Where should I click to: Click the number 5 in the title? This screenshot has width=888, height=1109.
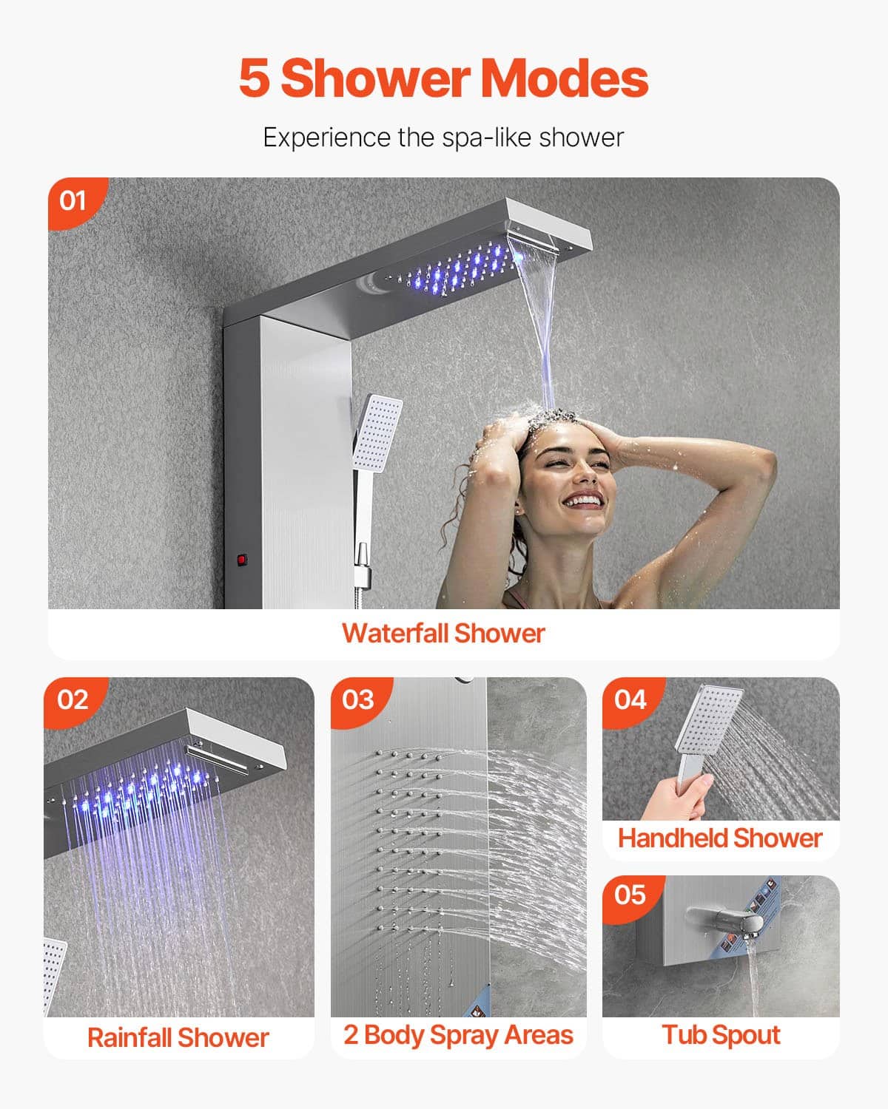pyautogui.click(x=254, y=78)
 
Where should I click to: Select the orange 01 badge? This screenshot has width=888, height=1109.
pyautogui.click(x=73, y=200)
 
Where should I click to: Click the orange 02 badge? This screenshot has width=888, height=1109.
pyautogui.click(x=72, y=699)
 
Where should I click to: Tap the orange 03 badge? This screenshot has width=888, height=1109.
pyautogui.click(x=358, y=699)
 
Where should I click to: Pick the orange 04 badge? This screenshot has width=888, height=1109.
pyautogui.click(x=630, y=699)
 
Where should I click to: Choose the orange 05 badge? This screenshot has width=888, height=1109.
pyautogui.click(x=630, y=895)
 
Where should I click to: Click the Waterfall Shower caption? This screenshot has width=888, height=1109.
pyautogui.click(x=443, y=634)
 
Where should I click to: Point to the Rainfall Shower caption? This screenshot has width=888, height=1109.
pyautogui.click(x=178, y=1037)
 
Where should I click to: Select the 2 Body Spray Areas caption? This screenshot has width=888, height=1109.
pyautogui.click(x=458, y=1035)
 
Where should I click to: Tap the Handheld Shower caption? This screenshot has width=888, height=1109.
pyautogui.click(x=720, y=838)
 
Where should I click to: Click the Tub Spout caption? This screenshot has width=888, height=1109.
pyautogui.click(x=721, y=1035)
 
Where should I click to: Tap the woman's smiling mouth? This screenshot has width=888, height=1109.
pyautogui.click(x=582, y=500)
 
